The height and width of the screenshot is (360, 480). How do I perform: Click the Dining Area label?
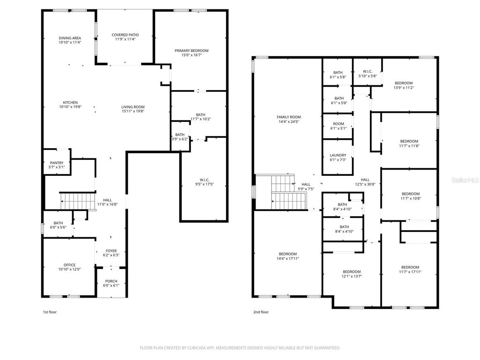click(70, 38)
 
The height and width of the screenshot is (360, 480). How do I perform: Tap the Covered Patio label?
click(125, 35)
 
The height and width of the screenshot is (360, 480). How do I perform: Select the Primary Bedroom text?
click(191, 51)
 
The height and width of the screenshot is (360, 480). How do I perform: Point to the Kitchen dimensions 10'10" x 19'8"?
click(70, 107)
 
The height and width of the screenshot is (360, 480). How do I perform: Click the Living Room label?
click(133, 107)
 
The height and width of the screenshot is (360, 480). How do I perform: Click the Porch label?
click(111, 281)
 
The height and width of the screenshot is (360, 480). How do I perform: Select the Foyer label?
click(111, 251)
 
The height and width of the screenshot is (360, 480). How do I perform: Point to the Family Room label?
click(289, 117)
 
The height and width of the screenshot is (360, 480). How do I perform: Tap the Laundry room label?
click(337, 155)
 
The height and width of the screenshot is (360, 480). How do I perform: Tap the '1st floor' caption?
click(49, 312)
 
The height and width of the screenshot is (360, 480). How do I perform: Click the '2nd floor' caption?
click(261, 312)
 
